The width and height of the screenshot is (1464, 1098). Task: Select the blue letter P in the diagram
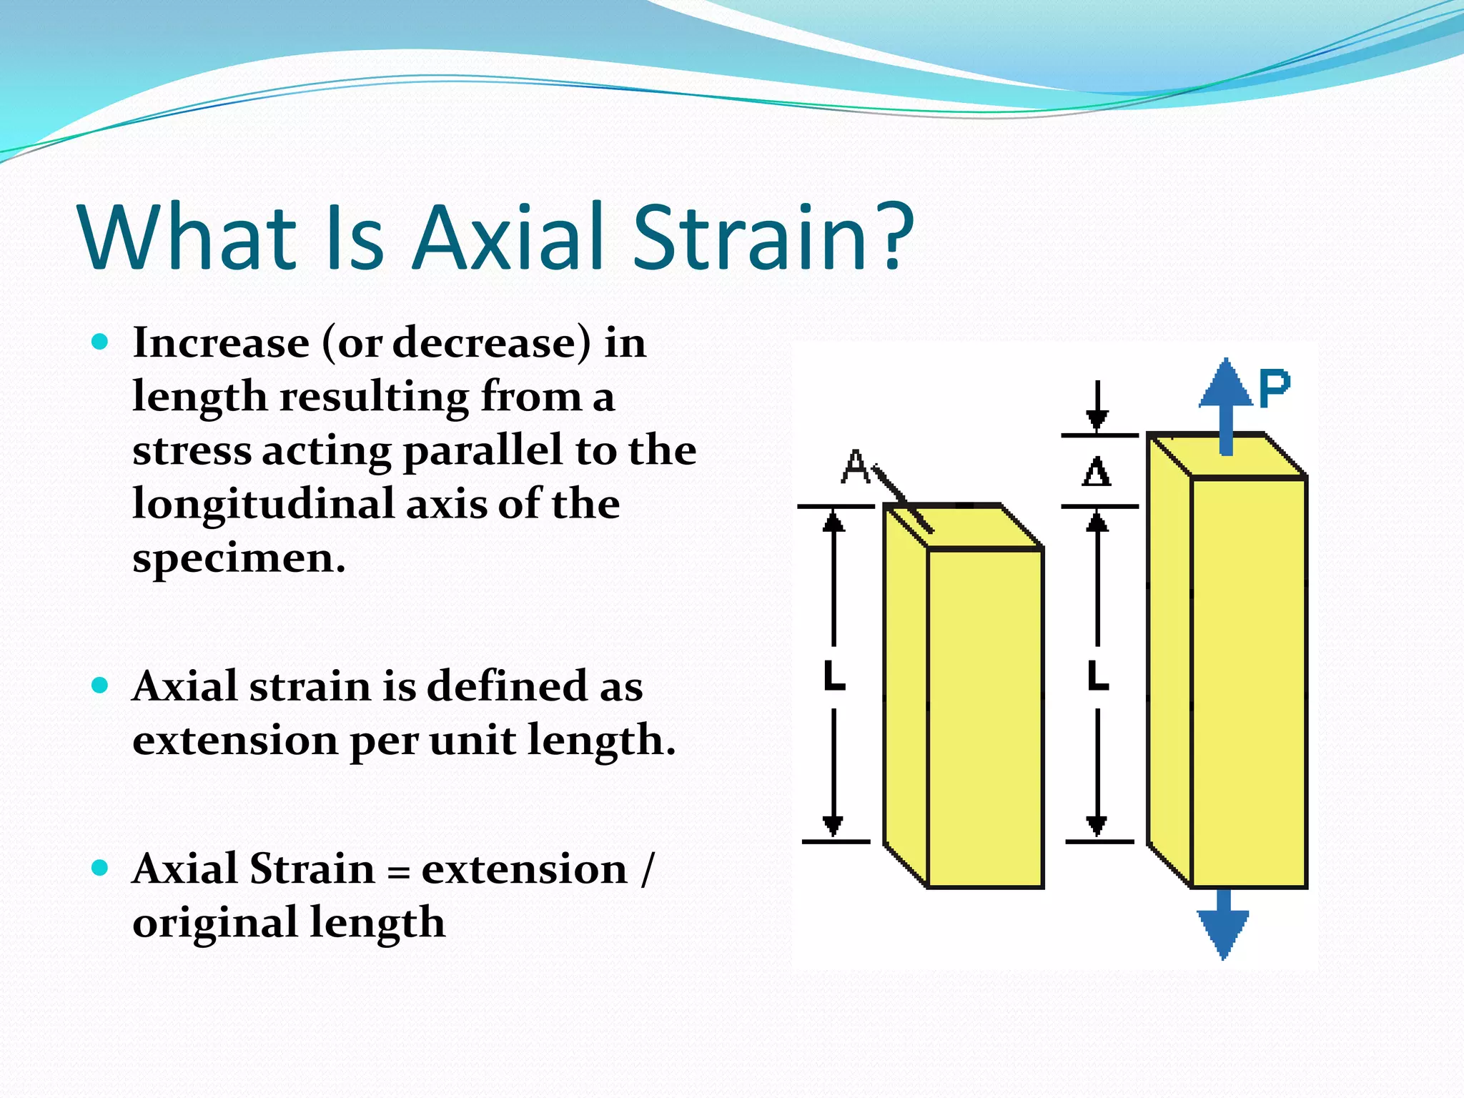1274,390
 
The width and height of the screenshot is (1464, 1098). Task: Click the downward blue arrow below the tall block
1224,926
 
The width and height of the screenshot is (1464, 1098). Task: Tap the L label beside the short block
834,676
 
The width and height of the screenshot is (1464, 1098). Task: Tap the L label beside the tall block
1097,676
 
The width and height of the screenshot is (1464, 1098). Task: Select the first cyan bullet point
100,342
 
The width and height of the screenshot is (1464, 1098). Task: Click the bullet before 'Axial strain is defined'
100,686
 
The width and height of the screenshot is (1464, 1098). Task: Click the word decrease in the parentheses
485,343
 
